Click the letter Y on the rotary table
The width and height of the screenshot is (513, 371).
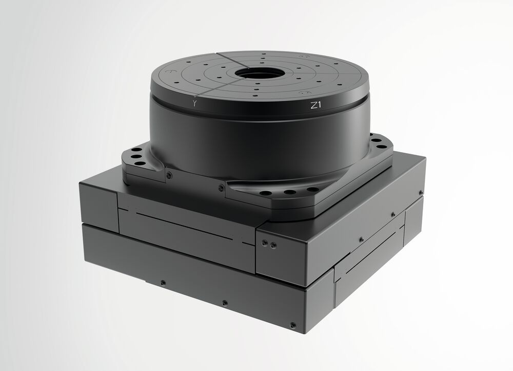[195, 104]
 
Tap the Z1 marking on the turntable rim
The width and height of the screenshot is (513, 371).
[315, 105]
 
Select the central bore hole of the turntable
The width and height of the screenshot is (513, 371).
[257, 73]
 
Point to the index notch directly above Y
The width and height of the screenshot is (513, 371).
[195, 97]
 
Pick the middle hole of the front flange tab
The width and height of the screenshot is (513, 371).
[290, 192]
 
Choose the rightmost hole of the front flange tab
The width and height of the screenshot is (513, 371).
[313, 190]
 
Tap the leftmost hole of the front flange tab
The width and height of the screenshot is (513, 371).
[267, 193]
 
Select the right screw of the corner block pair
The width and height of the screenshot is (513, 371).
[273, 245]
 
